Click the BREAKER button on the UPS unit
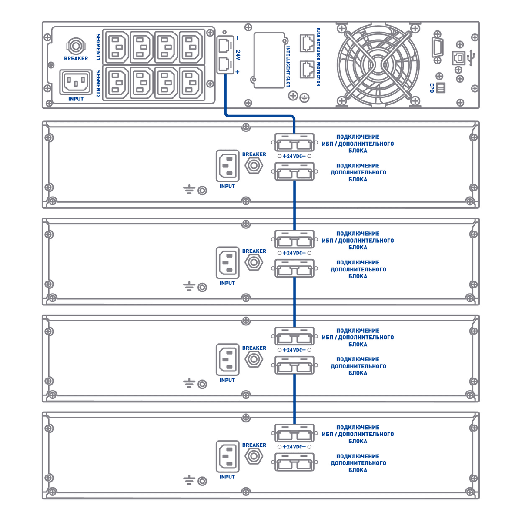coord(76,46)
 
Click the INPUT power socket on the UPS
coord(76,81)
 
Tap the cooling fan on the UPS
coord(378,65)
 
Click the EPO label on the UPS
coord(432,88)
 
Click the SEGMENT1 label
coord(98,47)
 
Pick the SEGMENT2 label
coord(98,84)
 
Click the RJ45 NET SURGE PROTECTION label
coord(318,57)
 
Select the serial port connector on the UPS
coord(437,47)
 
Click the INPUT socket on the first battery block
coord(228,166)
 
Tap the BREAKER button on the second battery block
coord(254,263)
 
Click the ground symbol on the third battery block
coord(188,384)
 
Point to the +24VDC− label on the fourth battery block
coord(294,447)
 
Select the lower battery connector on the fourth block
coord(294,462)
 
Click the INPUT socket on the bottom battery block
coord(228,456)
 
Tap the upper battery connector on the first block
coord(294,143)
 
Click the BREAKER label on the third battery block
coord(254,348)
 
